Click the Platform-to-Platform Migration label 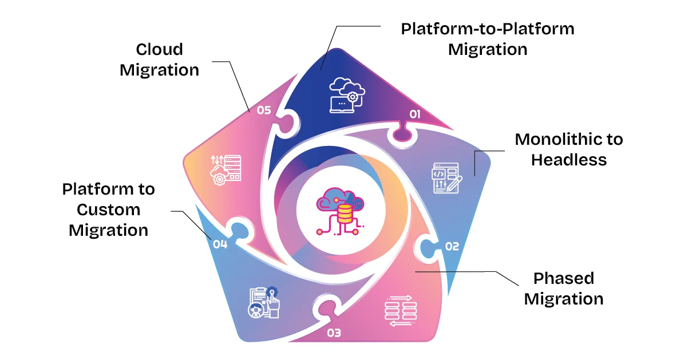487,39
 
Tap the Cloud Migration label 160,60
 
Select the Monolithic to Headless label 568,149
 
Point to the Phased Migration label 563,288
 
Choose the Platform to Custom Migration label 109,209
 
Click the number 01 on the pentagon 415,114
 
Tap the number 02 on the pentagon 452,246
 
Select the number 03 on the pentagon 334,332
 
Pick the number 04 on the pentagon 220,244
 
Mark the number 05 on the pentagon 263,110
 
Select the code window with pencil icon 446,180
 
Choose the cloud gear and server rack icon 226,168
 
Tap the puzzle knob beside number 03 323,310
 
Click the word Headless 568,160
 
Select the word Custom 109,209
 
